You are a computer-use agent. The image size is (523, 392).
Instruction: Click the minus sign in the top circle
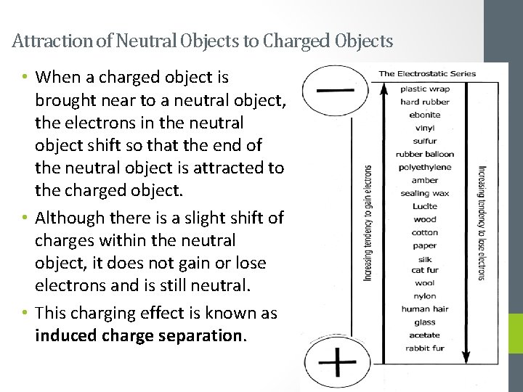tap(335, 91)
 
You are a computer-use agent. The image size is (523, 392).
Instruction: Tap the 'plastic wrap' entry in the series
tap(425, 89)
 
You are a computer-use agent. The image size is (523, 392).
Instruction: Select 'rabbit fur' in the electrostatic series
tap(425, 348)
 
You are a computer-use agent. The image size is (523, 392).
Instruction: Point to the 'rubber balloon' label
tap(425, 154)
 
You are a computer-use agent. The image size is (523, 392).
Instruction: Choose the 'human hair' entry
tap(425, 309)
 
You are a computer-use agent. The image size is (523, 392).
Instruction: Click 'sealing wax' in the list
tap(425, 193)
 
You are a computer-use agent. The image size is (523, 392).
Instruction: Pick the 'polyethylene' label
tap(425, 167)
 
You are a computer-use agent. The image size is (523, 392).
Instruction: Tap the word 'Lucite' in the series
tap(425, 206)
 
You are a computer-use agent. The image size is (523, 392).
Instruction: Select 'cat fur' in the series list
tap(425, 270)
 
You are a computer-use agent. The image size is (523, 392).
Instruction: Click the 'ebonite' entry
tap(425, 115)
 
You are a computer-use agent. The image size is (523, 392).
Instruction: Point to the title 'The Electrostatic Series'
tap(427, 73)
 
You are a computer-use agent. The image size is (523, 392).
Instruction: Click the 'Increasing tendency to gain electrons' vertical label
tap(368, 222)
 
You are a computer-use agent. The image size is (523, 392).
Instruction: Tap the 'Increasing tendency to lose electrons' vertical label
tap(482, 222)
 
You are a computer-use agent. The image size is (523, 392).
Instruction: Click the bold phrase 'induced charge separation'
tap(140, 336)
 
